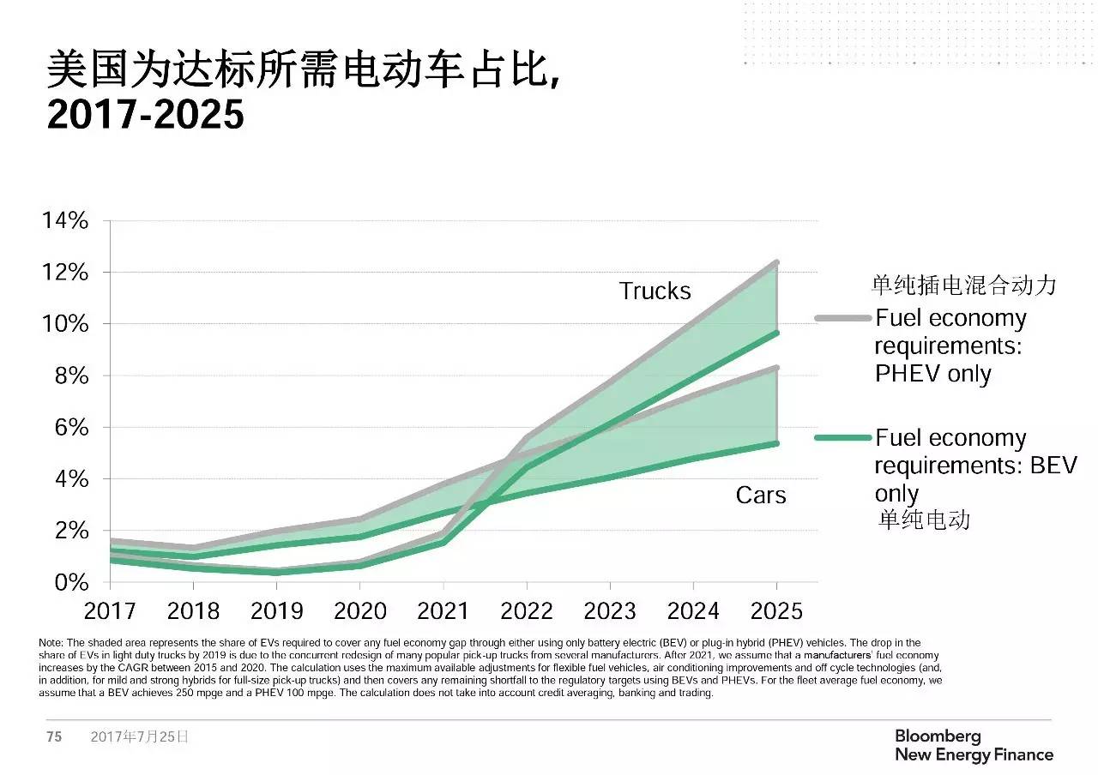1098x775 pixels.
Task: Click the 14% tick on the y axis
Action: point(65,221)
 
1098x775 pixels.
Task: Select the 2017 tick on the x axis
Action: point(110,610)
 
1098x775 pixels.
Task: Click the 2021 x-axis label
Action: point(443,610)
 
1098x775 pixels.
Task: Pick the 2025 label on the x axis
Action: point(775,610)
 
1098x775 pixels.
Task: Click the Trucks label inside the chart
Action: point(655,291)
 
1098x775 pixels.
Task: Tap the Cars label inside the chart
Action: point(761,495)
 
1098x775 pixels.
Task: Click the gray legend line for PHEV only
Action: point(842,318)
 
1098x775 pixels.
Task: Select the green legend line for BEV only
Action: point(842,438)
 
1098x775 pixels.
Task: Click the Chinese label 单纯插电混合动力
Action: point(963,285)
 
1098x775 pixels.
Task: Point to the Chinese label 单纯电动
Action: point(925,520)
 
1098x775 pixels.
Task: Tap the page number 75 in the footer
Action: point(54,736)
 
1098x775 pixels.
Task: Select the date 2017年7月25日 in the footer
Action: point(139,736)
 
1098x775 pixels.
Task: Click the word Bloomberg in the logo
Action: point(937,736)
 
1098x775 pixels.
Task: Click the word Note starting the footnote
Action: point(51,642)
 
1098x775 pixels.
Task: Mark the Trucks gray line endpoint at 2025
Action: point(776,262)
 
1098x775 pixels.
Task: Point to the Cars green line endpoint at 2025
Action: point(776,443)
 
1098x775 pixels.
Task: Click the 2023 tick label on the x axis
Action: point(609,610)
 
